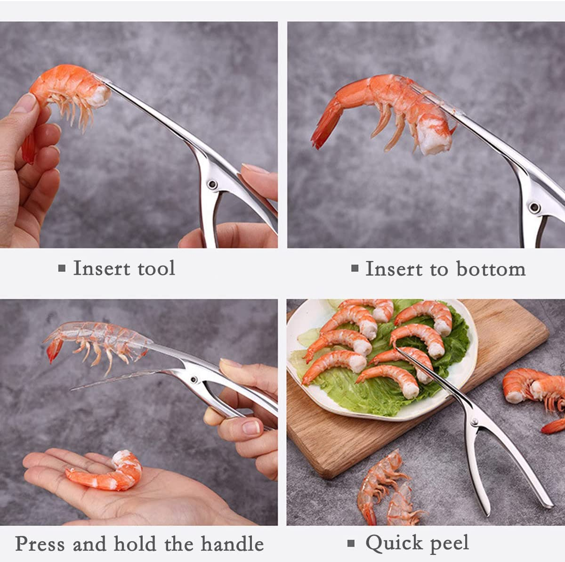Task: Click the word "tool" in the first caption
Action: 156,269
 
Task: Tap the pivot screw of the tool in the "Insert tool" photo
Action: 212,184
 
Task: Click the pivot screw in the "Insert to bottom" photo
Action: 534,206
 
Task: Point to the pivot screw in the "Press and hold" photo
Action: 193,379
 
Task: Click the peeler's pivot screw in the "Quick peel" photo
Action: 474,421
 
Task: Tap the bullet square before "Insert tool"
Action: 62,269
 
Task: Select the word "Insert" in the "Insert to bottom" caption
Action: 394,269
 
